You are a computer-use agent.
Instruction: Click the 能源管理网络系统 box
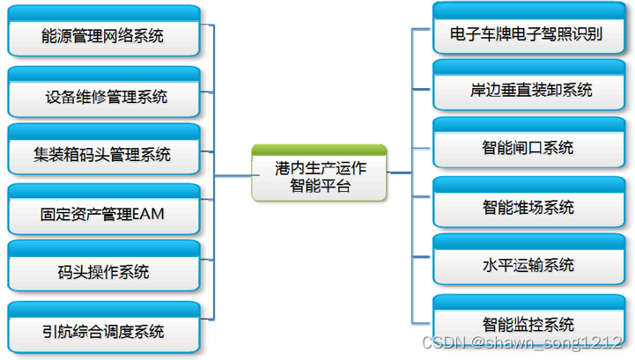pyautogui.click(x=103, y=34)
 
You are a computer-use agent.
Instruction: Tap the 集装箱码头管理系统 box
pyautogui.click(x=103, y=153)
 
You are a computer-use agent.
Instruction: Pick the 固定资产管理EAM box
pyautogui.click(x=103, y=212)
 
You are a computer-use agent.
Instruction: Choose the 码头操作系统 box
pyautogui.click(x=103, y=271)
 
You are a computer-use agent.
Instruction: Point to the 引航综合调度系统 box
pyautogui.click(x=103, y=330)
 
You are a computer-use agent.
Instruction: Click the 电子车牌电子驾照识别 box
pyautogui.click(x=527, y=33)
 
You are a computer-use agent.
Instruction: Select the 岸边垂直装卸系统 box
pyautogui.click(x=527, y=90)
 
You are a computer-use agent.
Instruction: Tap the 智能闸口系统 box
pyautogui.click(x=527, y=146)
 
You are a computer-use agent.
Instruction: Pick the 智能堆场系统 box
pyautogui.click(x=527, y=207)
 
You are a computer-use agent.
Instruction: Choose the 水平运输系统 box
pyautogui.click(x=527, y=264)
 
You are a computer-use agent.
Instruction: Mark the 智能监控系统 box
pyautogui.click(x=527, y=323)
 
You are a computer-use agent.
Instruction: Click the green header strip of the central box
pyautogui.click(x=320, y=149)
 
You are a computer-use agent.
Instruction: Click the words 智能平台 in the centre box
pyautogui.click(x=320, y=185)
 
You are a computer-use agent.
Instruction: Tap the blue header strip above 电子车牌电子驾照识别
pyautogui.click(x=527, y=10)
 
